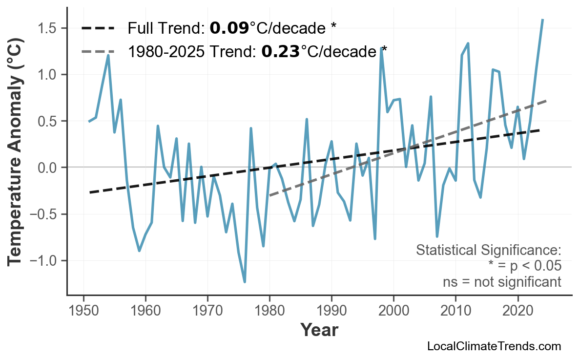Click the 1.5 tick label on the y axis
(47, 28)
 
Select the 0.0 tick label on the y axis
(47, 168)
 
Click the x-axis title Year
(319, 330)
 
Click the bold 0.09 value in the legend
(229, 28)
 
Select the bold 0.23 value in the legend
(280, 51)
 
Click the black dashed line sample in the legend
(98, 28)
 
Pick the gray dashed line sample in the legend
(98, 51)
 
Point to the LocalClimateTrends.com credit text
(494, 347)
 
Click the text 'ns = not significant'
(501, 282)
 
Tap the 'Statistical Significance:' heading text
(488, 251)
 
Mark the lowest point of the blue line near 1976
(245, 282)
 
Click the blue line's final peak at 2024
(542, 20)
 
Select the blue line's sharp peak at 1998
(381, 48)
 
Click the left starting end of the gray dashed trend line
(270, 195)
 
